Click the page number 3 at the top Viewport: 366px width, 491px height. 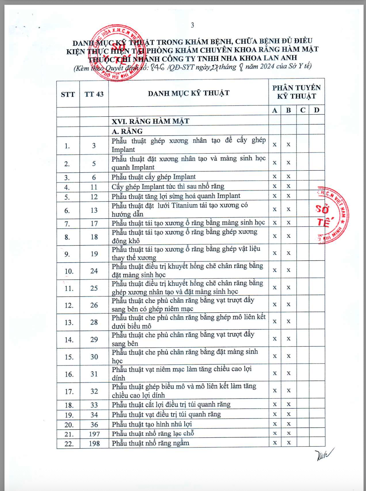(192, 25)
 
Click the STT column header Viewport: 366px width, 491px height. (68, 95)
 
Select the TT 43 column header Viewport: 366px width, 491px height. (94, 94)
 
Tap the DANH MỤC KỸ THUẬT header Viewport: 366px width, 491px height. (188, 93)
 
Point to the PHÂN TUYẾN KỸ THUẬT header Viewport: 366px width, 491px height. (296, 92)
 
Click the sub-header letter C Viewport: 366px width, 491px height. (303, 110)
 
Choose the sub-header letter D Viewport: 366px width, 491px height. (317, 110)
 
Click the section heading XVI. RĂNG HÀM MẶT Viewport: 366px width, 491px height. (150, 121)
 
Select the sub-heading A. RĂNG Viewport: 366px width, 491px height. (127, 132)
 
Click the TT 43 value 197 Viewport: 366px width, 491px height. (94, 434)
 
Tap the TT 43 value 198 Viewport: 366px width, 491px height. (94, 444)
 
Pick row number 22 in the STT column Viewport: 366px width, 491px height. (69, 444)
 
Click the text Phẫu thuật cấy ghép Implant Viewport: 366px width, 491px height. (154, 177)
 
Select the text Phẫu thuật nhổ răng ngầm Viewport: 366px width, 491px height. (150, 443)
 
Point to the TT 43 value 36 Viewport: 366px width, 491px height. (94, 425)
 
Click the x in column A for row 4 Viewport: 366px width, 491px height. (275, 186)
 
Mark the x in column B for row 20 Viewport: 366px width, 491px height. (289, 424)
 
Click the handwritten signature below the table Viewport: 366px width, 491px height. (323, 454)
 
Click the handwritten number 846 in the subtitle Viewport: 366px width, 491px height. (158, 67)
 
